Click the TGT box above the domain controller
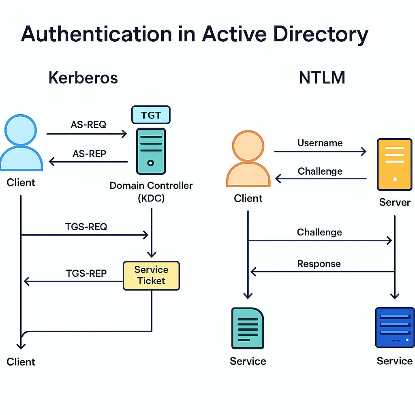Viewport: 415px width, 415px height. point(151,115)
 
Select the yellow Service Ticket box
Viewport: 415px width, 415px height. point(151,276)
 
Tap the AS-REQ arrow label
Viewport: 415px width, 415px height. point(88,125)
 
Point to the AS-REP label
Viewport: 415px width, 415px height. point(89,154)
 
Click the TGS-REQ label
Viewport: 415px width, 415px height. point(86,227)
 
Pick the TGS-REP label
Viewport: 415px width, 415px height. point(86,273)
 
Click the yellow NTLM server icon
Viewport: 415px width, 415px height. point(394,164)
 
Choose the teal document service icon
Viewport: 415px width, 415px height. point(248,328)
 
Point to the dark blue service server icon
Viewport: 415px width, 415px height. point(395,327)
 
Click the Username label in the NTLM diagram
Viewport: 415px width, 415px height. point(320,143)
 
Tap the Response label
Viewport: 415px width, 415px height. point(319,264)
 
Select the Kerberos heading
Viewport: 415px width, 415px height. point(83,78)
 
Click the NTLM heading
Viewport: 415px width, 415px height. point(322,78)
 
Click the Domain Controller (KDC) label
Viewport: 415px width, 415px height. point(151,192)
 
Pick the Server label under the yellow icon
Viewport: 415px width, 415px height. point(395,202)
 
